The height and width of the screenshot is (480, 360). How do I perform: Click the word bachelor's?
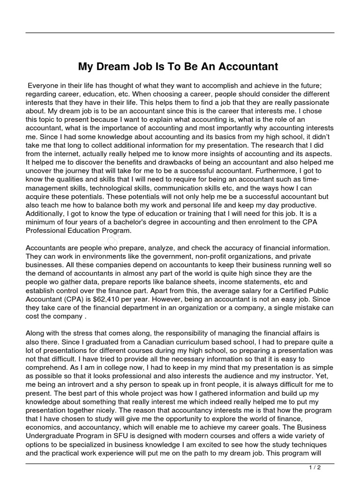[x=139, y=222]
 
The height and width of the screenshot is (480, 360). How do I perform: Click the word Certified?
[x=279, y=290]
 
